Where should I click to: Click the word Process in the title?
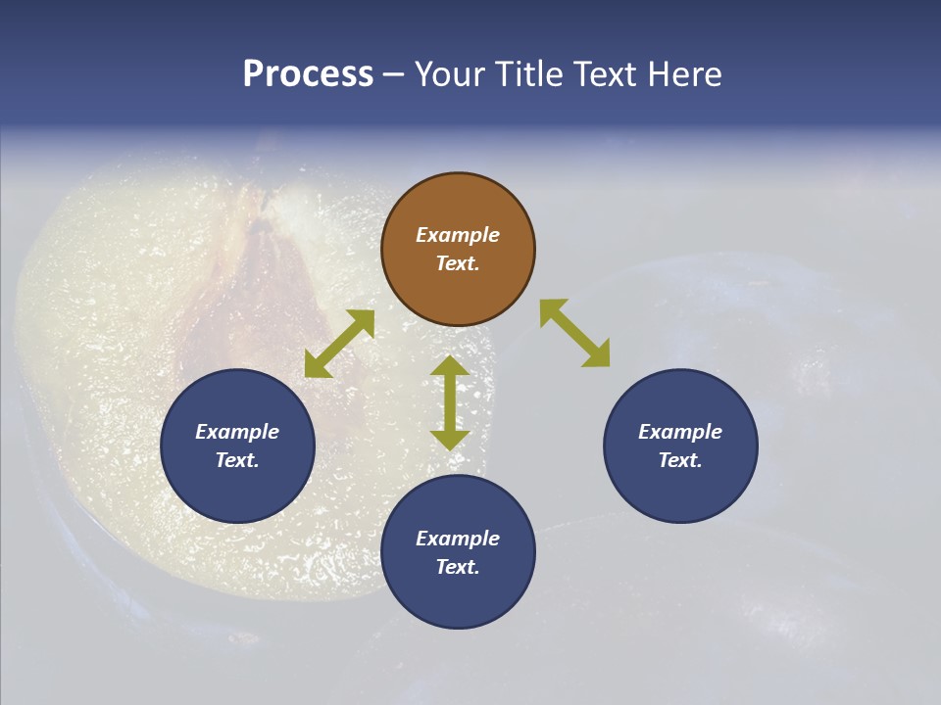click(x=308, y=74)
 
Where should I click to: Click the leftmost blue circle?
click(x=237, y=446)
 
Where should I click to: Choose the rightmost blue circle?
click(x=680, y=446)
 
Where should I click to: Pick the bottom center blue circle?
click(x=458, y=552)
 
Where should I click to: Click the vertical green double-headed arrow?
click(x=450, y=402)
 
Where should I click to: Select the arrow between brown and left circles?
click(x=339, y=344)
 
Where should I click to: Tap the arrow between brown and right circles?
click(x=574, y=333)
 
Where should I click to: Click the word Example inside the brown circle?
click(x=458, y=235)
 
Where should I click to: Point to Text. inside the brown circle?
click(x=458, y=263)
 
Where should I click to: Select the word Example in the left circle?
click(x=237, y=432)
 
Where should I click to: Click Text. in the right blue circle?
click(x=680, y=460)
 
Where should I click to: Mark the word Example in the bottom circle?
click(x=458, y=539)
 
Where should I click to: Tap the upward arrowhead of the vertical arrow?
click(x=450, y=366)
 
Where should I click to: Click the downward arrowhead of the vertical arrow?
click(x=450, y=440)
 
